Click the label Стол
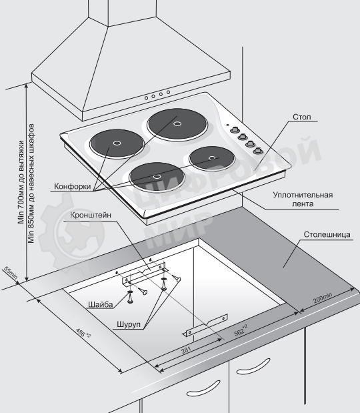301,117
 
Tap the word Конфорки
73,186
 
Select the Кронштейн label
91,215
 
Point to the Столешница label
327,234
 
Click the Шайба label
101,304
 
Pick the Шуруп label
129,324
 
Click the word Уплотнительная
303,195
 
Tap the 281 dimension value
186,350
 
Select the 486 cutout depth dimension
83,333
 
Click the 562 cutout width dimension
241,330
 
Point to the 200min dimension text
323,298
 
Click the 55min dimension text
11,273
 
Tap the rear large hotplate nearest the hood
177,125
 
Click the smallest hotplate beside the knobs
212,158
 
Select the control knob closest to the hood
234,130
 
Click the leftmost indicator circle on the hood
146,98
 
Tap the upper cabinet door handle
253,366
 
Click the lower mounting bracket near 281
205,326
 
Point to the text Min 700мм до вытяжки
21,182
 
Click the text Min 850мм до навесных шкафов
31,183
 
